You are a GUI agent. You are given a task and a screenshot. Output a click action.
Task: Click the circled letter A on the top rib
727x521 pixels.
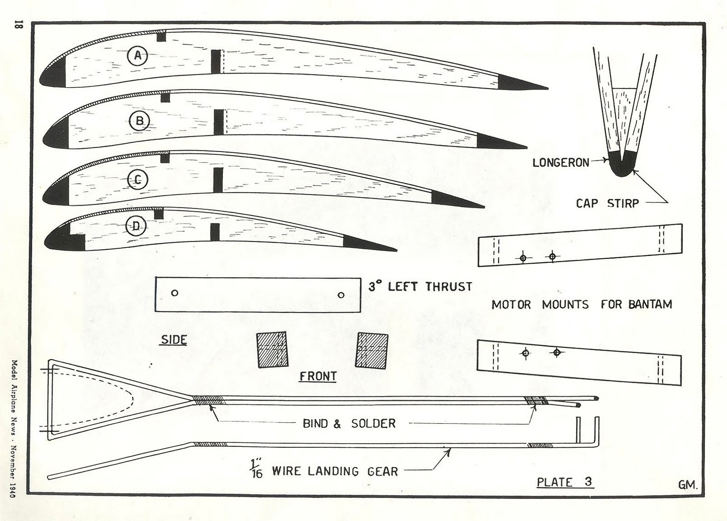[x=138, y=56]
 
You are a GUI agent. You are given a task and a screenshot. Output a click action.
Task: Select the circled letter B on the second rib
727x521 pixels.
[x=139, y=121]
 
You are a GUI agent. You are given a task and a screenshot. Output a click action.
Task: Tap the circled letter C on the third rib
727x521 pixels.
[x=137, y=180]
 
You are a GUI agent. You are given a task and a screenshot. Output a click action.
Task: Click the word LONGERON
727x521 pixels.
[x=561, y=162]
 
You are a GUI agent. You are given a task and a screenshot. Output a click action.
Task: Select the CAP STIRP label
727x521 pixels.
[x=607, y=203]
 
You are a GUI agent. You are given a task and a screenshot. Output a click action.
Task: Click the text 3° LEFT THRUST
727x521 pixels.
[x=420, y=287]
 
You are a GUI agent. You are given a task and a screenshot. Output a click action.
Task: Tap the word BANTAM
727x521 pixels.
[x=650, y=305]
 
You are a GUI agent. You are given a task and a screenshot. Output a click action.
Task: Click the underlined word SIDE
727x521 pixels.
[x=174, y=340]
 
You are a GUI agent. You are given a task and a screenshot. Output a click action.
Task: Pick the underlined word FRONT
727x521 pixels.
[x=318, y=376]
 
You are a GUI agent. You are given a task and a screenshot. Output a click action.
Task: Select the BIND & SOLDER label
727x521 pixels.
[x=349, y=424]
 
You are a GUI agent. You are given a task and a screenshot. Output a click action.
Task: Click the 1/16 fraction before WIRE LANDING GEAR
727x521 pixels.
[x=256, y=470]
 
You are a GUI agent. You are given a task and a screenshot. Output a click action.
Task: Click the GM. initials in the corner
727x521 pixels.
[x=687, y=485]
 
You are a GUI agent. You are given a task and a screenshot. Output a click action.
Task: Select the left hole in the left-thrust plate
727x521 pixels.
[x=174, y=293]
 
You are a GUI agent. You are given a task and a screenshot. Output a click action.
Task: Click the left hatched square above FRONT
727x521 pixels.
[x=272, y=350]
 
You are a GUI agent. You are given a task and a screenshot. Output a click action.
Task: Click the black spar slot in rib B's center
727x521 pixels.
[x=219, y=122]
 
